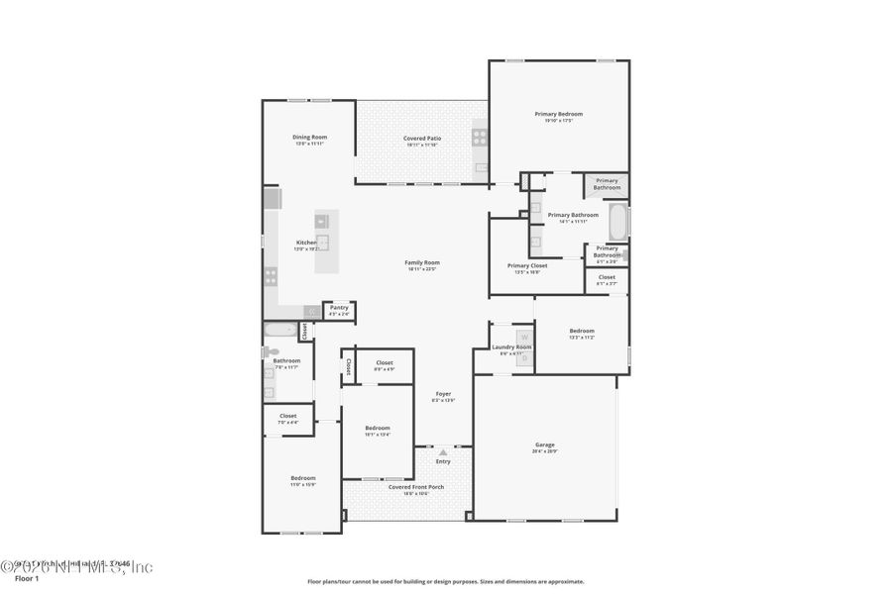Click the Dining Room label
click(309, 137)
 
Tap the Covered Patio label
click(422, 138)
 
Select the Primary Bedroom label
click(559, 114)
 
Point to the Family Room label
click(422, 262)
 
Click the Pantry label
click(339, 307)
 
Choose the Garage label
click(545, 445)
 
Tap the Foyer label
click(443, 393)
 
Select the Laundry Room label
click(512, 346)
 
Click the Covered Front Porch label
click(415, 486)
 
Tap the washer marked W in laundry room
click(524, 338)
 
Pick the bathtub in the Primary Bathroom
click(617, 220)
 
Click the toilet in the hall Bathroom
click(269, 351)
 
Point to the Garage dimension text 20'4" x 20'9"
click(545, 451)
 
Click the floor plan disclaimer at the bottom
click(445, 581)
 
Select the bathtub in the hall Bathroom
click(280, 331)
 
